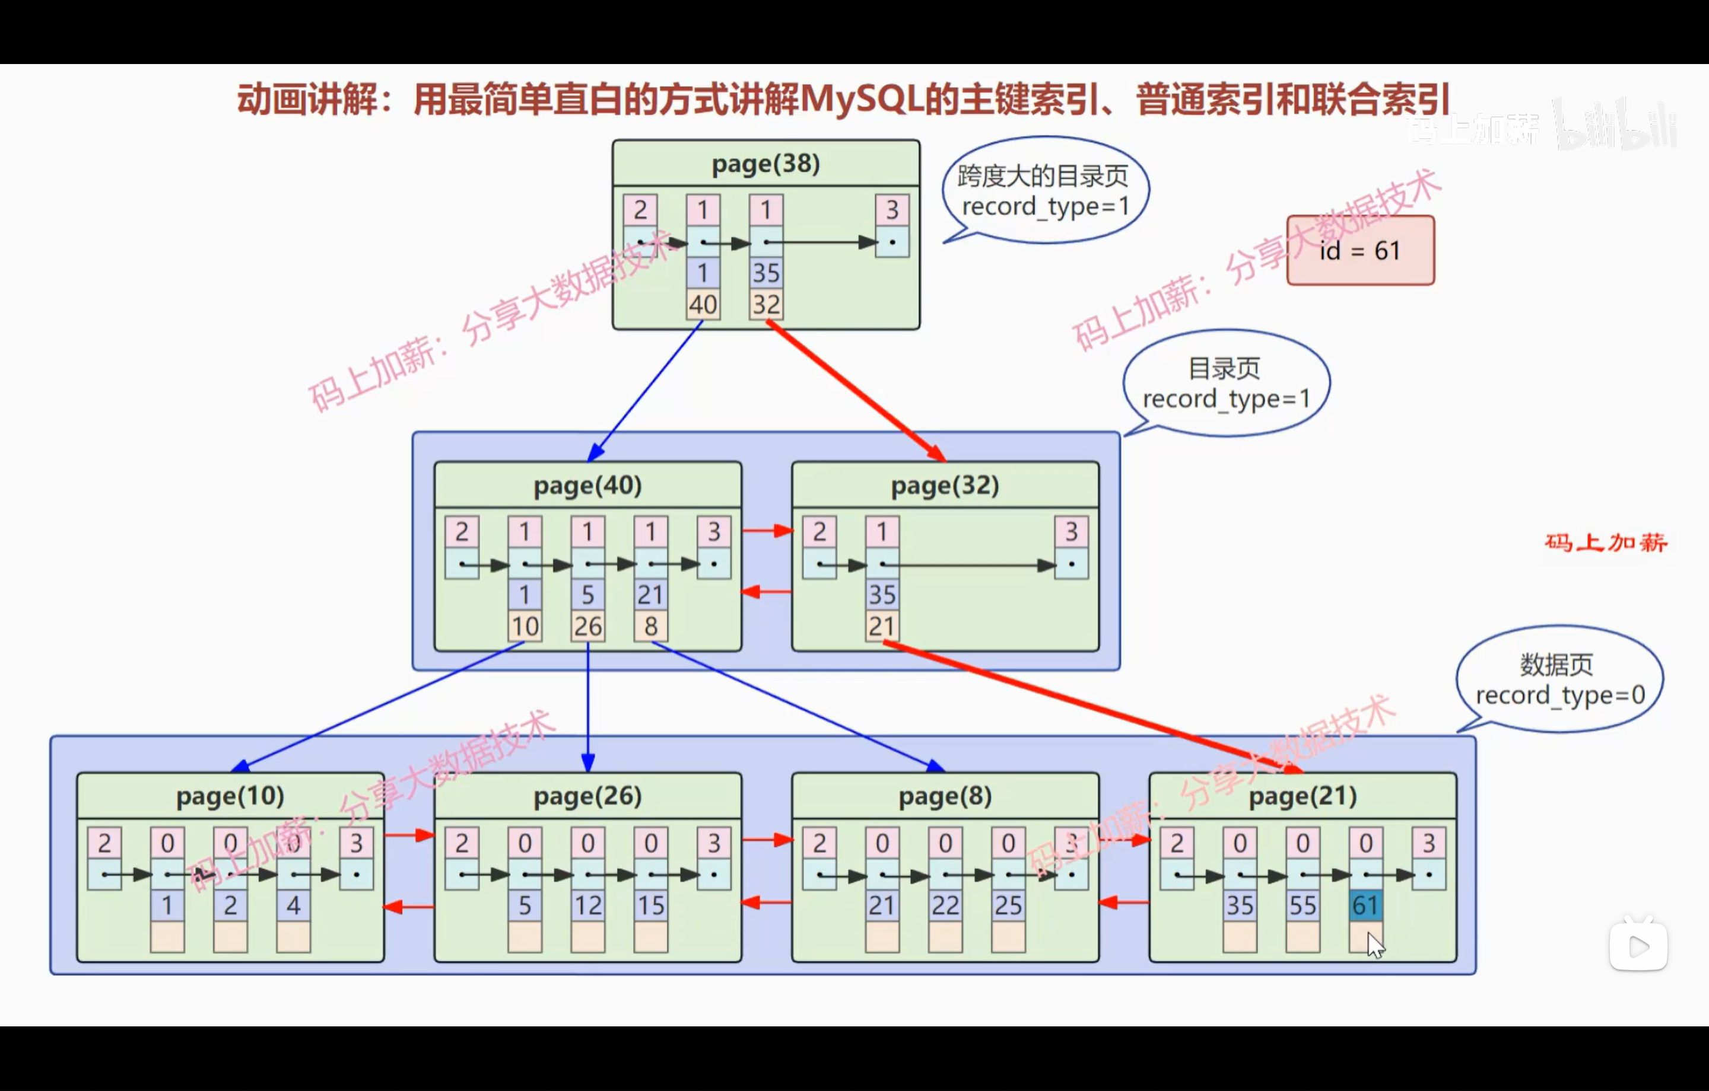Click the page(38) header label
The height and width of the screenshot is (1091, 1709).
(x=765, y=164)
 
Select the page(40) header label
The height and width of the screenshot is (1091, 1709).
(x=587, y=485)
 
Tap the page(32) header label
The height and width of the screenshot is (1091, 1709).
(x=945, y=485)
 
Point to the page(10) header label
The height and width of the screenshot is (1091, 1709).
(x=230, y=796)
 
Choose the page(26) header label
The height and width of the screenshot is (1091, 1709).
(x=587, y=796)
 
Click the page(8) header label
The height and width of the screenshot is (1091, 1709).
(x=945, y=796)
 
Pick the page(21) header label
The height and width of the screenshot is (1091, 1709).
(x=1303, y=796)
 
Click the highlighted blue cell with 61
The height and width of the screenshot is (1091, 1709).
(x=1365, y=905)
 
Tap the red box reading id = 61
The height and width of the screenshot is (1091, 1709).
(x=1360, y=250)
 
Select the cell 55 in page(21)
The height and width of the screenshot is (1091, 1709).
(x=1303, y=905)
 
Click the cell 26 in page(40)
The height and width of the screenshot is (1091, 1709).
(x=587, y=626)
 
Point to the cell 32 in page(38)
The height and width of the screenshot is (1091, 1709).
(x=765, y=304)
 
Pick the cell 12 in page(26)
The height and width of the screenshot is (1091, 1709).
(x=587, y=905)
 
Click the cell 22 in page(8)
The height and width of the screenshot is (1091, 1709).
(x=945, y=905)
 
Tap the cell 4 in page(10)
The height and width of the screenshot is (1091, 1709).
(x=293, y=905)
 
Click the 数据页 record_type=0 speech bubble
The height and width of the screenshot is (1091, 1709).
(x=1559, y=680)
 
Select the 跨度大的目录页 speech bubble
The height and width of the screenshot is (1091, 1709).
(x=1045, y=191)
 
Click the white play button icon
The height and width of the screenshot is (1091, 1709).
(x=1638, y=946)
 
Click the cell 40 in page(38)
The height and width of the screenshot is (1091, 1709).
(x=703, y=304)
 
